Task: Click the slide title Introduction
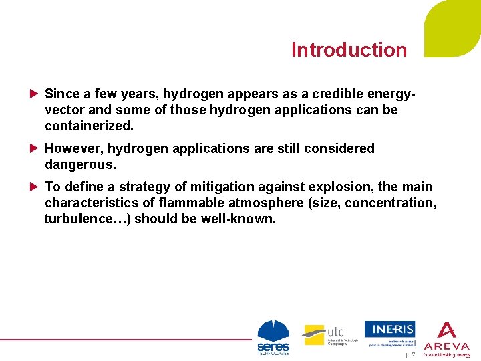pyautogui.click(x=349, y=50)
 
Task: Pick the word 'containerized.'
pyautogui.click(x=89, y=126)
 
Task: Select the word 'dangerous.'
pyautogui.click(x=80, y=164)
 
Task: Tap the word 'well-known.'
pyautogui.click(x=238, y=219)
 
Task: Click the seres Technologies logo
pyautogui.click(x=273, y=338)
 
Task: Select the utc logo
pyautogui.click(x=324, y=334)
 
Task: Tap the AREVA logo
pyautogui.click(x=446, y=338)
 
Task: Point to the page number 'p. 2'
pyautogui.click(x=410, y=355)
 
